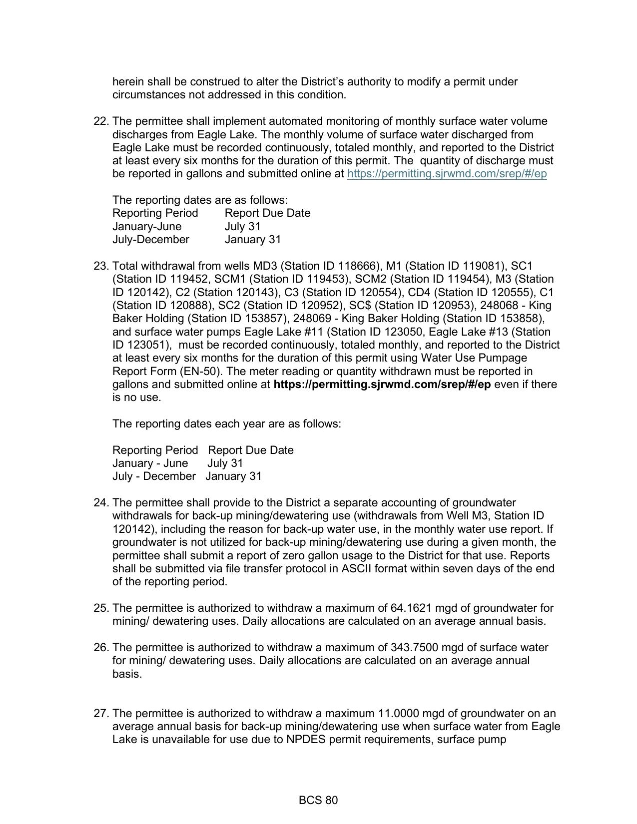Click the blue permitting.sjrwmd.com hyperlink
coord(447,174)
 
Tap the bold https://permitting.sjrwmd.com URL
coord(382,385)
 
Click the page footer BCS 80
coord(318,801)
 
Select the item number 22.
coord(101,121)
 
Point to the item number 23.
coord(101,266)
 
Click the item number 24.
coord(101,503)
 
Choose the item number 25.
coord(101,608)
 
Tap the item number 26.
coord(101,648)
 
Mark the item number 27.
coord(101,714)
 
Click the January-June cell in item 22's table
coord(147,227)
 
